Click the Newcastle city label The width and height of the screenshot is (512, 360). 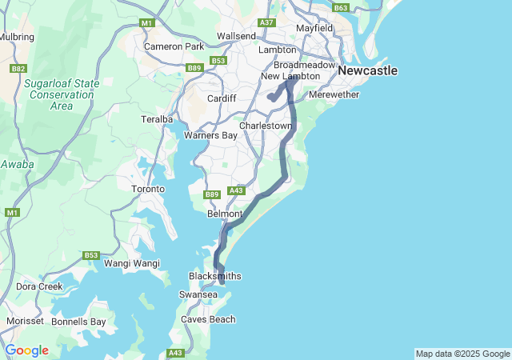pos(367,71)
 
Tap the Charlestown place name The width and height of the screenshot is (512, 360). pos(266,126)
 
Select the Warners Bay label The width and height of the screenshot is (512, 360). pos(210,135)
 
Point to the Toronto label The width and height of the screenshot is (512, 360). pos(148,190)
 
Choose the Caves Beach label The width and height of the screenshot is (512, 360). pos(208,320)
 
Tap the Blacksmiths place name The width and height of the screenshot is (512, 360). pos(214,276)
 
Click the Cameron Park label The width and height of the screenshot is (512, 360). pos(174,46)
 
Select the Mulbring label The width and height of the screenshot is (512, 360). pos(17,37)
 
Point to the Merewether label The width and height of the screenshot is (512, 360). pos(334,94)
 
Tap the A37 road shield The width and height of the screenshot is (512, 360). pos(267,22)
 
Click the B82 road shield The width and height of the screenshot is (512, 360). pos(18,70)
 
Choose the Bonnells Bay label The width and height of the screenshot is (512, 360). pos(78,322)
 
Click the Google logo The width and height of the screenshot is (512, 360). pos(26,350)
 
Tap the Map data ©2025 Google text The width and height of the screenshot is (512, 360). pos(462,354)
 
